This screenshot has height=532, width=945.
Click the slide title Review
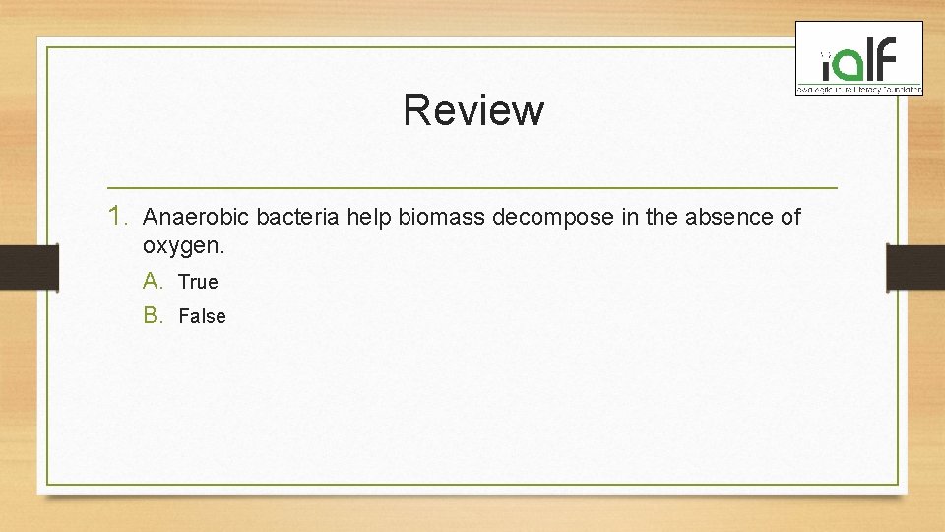point(472,110)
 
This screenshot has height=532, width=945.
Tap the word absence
point(723,217)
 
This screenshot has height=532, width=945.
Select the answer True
point(198,282)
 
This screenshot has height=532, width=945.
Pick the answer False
point(202,316)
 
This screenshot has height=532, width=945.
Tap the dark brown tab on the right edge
point(915,267)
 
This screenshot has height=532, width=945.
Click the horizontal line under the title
point(472,187)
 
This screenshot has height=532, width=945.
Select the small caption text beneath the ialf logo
point(859,90)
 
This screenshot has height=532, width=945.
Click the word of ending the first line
point(789,217)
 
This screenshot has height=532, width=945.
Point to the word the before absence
point(662,217)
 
